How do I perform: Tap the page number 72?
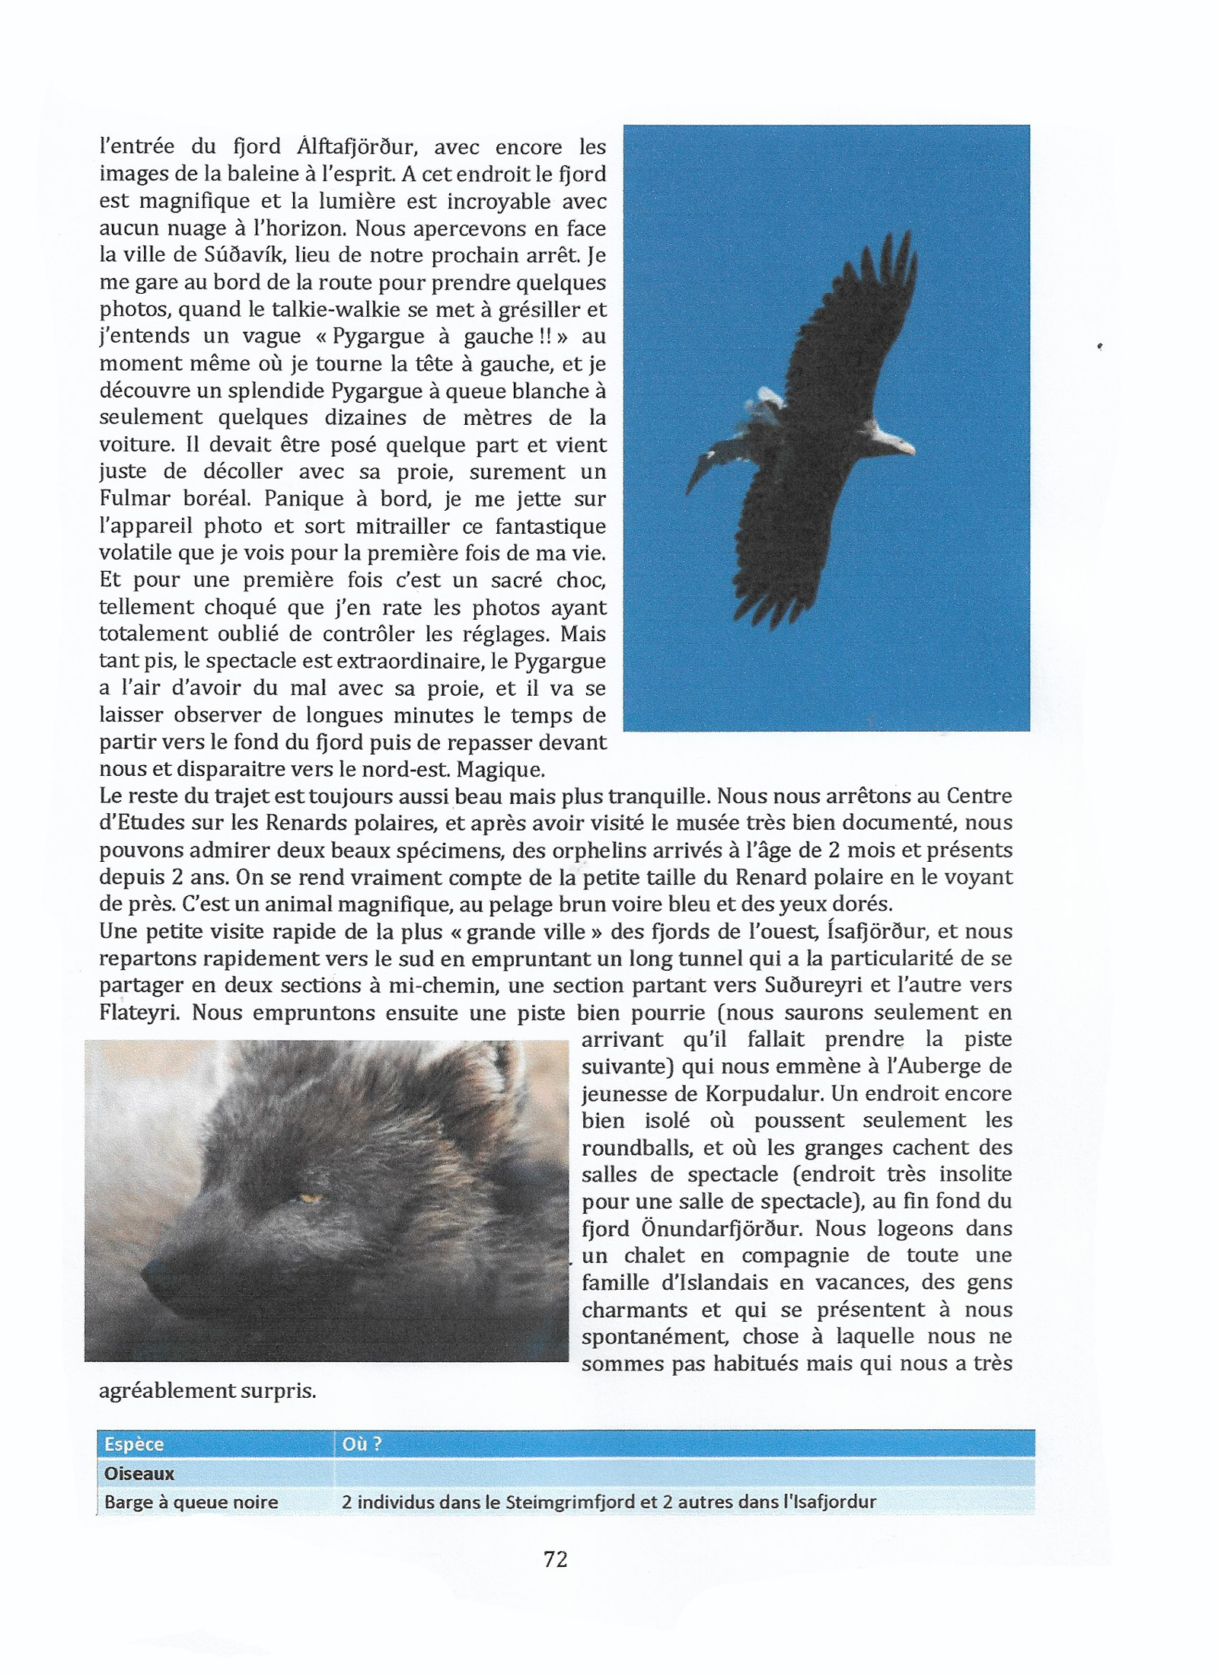556,1560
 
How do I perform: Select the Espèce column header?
135,1444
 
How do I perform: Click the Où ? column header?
362,1444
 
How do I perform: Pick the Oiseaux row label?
139,1473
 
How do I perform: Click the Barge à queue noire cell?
191,1502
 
